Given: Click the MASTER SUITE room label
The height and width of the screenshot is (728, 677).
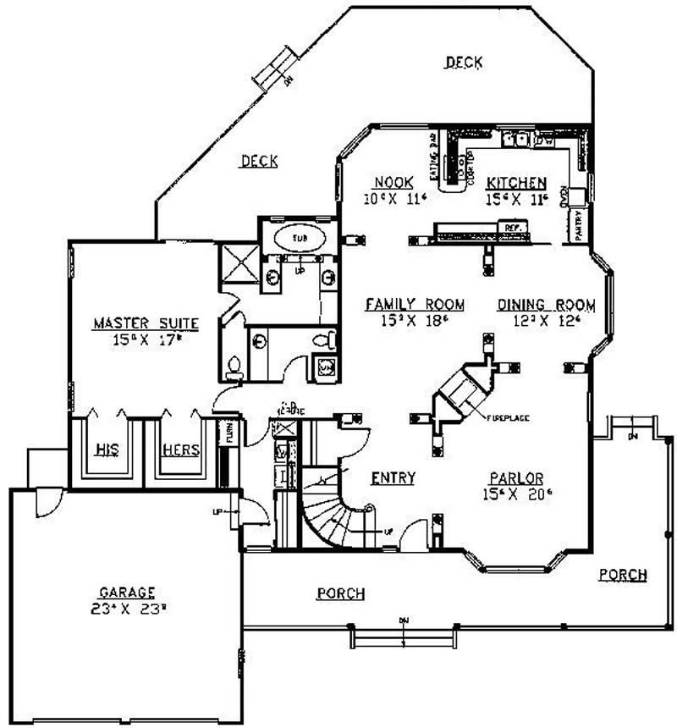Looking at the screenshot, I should [146, 323].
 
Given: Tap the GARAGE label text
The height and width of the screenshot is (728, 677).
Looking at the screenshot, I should [125, 593].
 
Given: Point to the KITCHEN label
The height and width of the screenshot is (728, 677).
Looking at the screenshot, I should [515, 183].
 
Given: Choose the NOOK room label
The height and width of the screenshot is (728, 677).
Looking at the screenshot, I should [393, 182].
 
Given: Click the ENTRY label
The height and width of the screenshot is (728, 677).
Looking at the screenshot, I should [393, 478].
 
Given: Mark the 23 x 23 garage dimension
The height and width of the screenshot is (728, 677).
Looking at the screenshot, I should [125, 607].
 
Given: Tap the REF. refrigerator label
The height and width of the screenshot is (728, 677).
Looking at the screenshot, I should [510, 229].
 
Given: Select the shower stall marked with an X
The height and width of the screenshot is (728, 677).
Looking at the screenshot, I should [238, 262].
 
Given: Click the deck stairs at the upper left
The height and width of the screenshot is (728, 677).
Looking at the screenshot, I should [277, 71].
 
